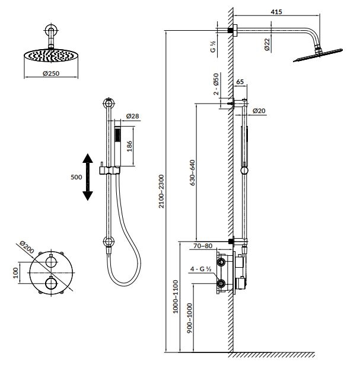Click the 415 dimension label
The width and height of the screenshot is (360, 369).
276,11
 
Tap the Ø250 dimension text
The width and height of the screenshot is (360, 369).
51,73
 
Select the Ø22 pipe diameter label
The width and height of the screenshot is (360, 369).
267,44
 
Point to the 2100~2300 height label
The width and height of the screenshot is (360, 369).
161,191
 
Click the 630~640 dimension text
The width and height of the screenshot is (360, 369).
193,173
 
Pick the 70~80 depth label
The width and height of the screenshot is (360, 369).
203,246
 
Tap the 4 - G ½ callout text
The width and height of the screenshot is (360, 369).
200,269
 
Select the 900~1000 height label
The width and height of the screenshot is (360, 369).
189,318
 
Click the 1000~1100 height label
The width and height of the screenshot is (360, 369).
176,297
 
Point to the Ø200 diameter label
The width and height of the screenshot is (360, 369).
27,247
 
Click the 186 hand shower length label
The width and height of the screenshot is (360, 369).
129,146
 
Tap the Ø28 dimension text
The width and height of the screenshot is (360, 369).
132,115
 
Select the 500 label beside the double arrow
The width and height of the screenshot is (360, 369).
77,177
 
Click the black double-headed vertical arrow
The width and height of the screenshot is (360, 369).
88,177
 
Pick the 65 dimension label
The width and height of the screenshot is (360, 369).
240,82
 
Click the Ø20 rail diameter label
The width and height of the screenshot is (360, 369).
259,111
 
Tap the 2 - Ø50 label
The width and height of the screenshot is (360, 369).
216,84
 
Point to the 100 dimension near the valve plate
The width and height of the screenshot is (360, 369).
15,272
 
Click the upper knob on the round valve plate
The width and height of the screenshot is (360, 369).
51,262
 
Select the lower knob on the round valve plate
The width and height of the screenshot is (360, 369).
51,283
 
